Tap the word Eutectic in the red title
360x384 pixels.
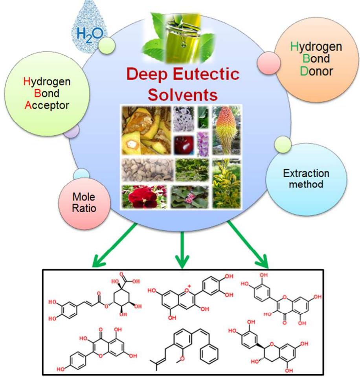click(x=200, y=75)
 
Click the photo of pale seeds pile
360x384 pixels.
click(x=145, y=170)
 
